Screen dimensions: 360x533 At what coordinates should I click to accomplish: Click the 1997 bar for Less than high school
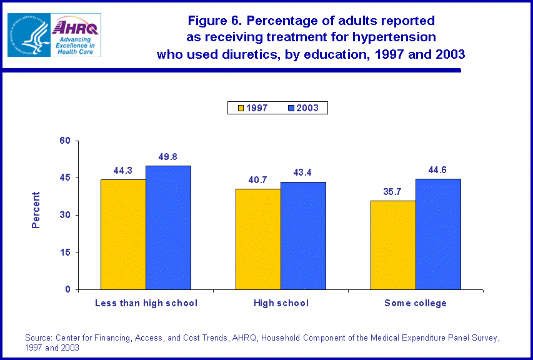(123, 234)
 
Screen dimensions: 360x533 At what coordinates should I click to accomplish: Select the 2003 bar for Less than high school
(168, 227)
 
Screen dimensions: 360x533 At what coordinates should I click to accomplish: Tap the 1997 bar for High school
(258, 239)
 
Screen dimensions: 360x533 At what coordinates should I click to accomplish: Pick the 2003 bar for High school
(303, 236)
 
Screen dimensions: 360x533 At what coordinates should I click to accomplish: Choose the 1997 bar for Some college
(393, 245)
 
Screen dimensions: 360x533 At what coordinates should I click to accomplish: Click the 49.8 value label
(168, 157)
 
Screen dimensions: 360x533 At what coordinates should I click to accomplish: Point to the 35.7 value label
(393, 192)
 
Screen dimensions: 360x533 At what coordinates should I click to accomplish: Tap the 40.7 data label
(258, 180)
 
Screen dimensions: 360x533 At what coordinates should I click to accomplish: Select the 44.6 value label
(438, 171)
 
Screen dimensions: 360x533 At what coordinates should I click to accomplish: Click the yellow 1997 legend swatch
(240, 108)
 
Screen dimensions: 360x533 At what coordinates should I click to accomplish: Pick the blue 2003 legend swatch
(291, 108)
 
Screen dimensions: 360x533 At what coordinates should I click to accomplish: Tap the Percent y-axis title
(36, 209)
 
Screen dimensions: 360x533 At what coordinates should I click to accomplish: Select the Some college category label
(416, 304)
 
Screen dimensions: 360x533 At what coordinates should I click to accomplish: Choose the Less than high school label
(146, 304)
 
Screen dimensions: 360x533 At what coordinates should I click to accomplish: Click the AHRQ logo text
(76, 27)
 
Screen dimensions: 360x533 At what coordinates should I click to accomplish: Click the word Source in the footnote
(37, 338)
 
